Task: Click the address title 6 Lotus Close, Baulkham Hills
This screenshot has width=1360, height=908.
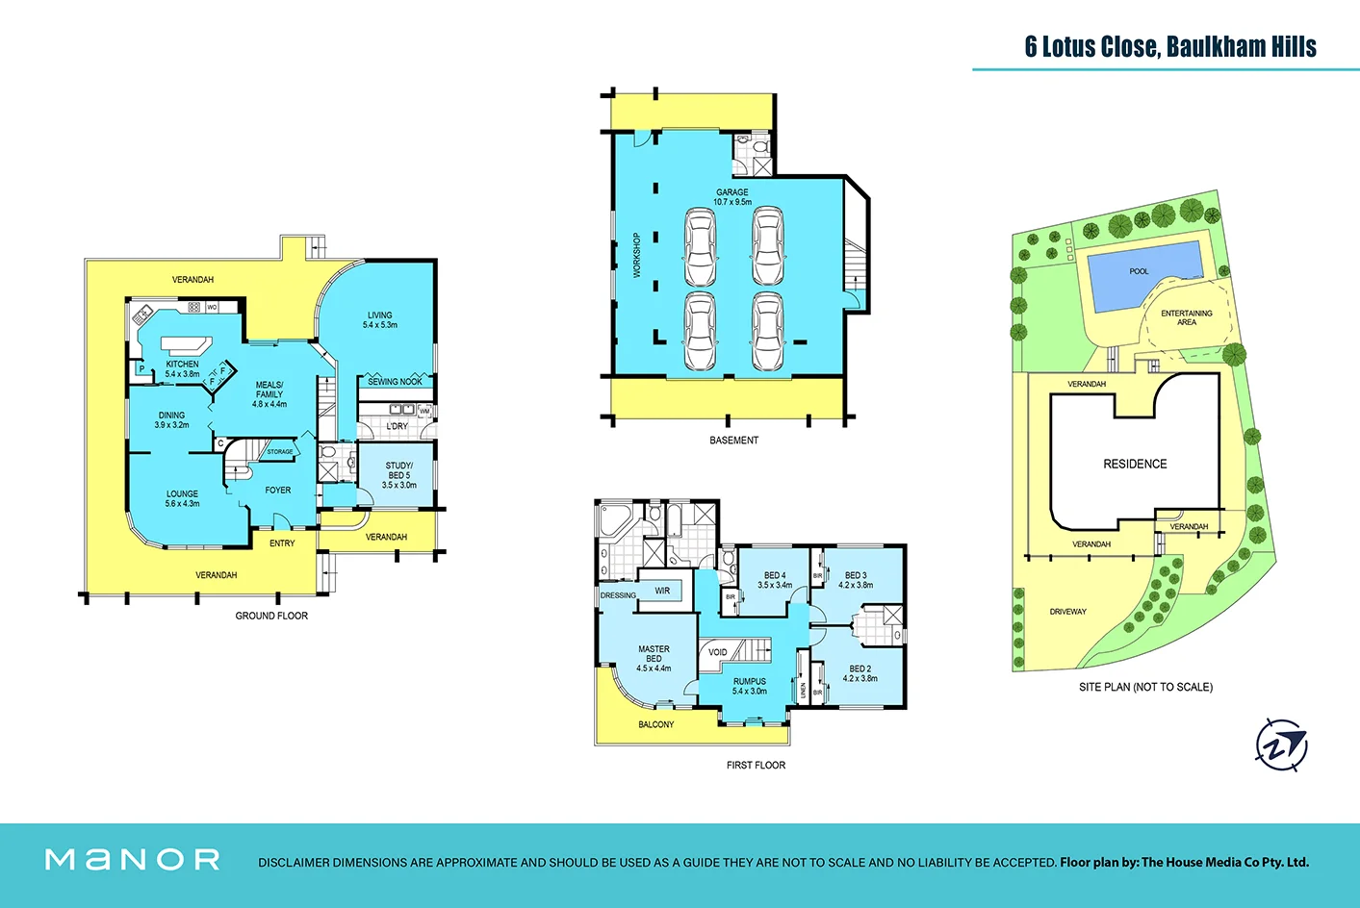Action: pos(1169,46)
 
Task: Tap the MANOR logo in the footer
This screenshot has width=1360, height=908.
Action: pos(133,859)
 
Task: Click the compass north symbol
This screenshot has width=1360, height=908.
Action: pos(1281,745)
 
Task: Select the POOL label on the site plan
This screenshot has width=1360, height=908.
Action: pos(1139,271)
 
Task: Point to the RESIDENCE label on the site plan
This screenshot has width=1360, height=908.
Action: pos(1135,464)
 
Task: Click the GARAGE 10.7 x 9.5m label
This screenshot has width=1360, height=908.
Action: pos(731,197)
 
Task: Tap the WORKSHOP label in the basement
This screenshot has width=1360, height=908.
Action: pos(636,255)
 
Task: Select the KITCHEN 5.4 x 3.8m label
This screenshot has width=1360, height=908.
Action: pos(182,369)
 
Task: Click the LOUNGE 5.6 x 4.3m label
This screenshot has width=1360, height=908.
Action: pos(182,498)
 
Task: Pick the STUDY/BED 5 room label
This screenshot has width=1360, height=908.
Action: pos(398,475)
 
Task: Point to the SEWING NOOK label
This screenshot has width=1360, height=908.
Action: pos(395,382)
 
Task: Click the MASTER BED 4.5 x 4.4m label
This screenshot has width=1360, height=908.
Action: pos(654,659)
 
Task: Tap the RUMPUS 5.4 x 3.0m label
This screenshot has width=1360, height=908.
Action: pos(750,686)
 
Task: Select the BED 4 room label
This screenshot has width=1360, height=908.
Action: pos(775,580)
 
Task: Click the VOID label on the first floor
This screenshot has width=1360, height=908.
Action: pos(718,652)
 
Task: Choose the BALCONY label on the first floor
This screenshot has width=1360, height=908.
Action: pos(655,724)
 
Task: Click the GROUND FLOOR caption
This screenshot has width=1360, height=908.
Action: pos(271,616)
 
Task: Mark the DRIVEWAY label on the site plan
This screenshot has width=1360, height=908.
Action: pos(1067,612)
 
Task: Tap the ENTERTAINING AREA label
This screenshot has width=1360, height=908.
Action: pos(1186,317)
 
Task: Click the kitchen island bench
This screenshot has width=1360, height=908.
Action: pos(186,345)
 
